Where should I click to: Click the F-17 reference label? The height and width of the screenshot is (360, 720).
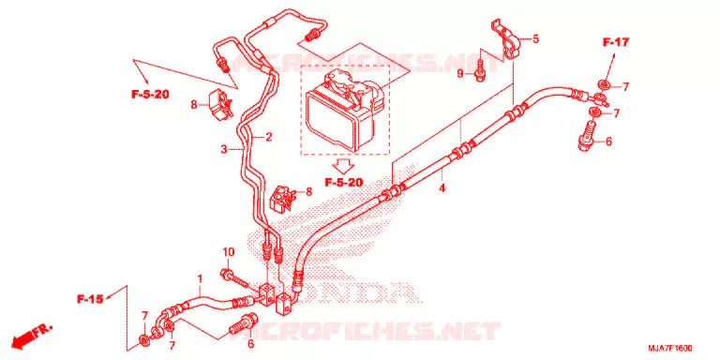pyautogui.click(x=615, y=43)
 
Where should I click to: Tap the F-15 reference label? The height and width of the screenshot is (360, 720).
pyautogui.click(x=90, y=300)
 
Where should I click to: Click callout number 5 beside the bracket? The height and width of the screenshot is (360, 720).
pyautogui.click(x=535, y=39)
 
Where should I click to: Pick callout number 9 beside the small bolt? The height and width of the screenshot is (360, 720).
pyautogui.click(x=460, y=73)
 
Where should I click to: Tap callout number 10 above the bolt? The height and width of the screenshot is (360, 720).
pyautogui.click(x=228, y=252)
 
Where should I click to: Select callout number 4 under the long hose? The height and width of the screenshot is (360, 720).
pyautogui.click(x=442, y=187)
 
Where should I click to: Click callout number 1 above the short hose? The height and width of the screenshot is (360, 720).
pyautogui.click(x=200, y=278)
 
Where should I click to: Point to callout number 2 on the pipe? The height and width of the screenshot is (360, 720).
pyautogui.click(x=269, y=136)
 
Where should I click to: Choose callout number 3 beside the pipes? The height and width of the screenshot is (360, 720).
pyautogui.click(x=224, y=149)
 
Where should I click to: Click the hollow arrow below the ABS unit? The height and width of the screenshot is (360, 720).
pyautogui.click(x=343, y=163)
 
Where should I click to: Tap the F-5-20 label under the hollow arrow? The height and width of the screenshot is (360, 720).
pyautogui.click(x=344, y=182)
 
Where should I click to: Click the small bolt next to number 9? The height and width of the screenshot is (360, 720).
pyautogui.click(x=479, y=71)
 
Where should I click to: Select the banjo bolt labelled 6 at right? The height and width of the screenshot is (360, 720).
pyautogui.click(x=587, y=136)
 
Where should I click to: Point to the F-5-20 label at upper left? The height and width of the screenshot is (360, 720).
pyautogui.click(x=150, y=95)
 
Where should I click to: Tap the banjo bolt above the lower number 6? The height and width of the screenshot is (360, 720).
pyautogui.click(x=242, y=324)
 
